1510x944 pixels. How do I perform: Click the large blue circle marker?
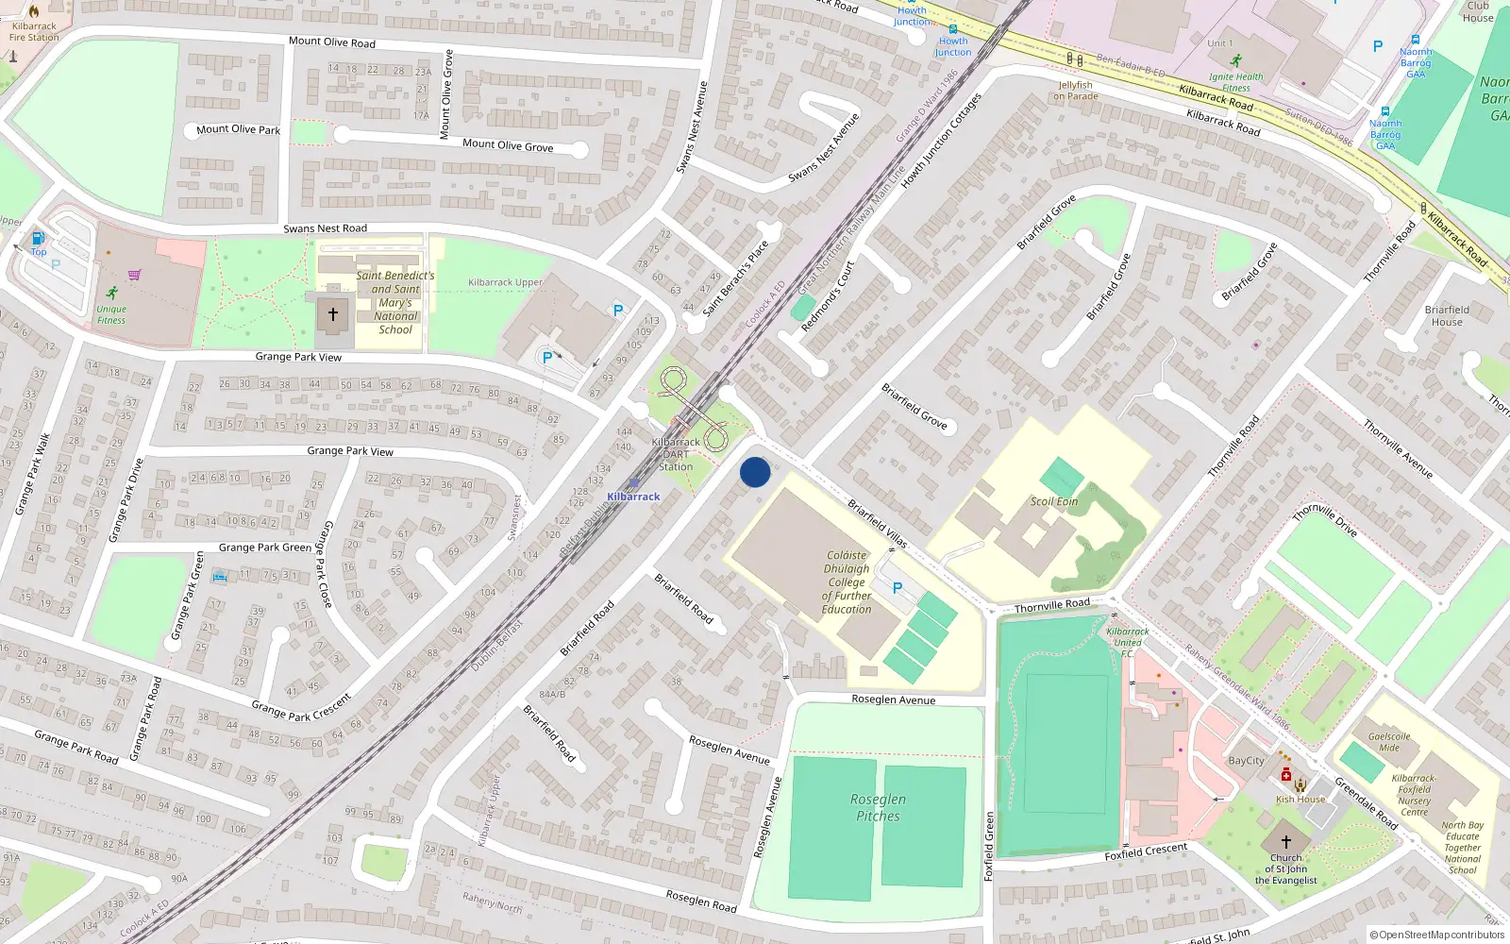(755, 472)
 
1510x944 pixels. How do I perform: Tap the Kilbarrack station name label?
(633, 497)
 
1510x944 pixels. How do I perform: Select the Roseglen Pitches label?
(878, 808)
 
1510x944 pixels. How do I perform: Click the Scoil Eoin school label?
(1053, 501)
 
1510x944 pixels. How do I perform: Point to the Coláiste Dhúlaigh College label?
(847, 582)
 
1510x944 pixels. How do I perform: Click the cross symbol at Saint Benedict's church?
(332, 314)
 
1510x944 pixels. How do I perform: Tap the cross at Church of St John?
(1285, 841)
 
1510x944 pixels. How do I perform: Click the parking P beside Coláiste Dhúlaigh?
(898, 588)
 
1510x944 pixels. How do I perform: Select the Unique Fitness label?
(111, 314)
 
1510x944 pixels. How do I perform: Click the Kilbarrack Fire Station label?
(34, 32)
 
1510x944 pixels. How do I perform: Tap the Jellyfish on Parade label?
(1075, 91)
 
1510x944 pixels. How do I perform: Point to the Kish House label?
(1300, 800)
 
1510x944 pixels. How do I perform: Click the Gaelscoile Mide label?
(1389, 742)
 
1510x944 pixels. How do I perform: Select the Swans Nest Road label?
(325, 228)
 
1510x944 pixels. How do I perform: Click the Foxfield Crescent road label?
(1146, 851)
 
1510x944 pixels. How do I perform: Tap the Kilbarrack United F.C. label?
(1128, 642)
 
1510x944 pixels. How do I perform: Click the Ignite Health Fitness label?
(1235, 82)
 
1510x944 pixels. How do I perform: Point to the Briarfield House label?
(1447, 315)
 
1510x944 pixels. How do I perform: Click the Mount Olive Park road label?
(238, 129)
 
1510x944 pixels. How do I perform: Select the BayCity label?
(1246, 761)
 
